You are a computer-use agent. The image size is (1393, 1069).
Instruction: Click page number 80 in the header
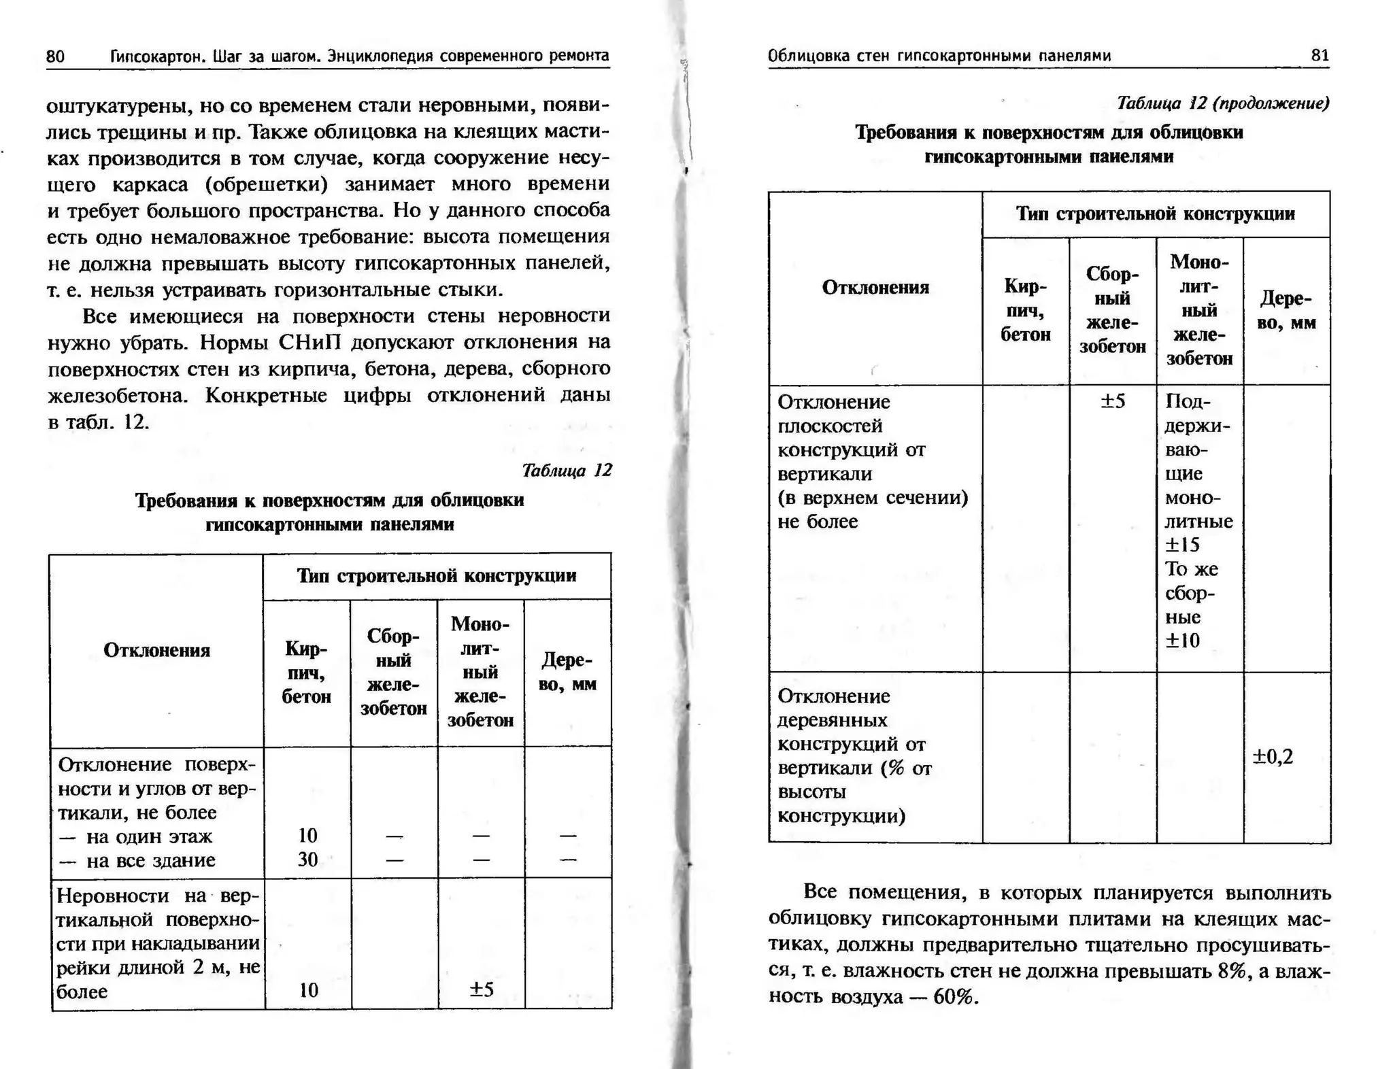click(x=55, y=56)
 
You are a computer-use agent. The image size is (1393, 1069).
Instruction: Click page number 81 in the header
click(x=1320, y=55)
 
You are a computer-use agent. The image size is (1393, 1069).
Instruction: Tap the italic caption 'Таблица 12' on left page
click(x=567, y=470)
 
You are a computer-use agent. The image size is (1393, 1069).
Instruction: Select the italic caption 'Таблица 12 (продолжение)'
click(x=1222, y=103)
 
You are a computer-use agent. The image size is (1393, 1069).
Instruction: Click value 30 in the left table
click(x=307, y=860)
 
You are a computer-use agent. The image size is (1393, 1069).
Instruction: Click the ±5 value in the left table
click(x=481, y=989)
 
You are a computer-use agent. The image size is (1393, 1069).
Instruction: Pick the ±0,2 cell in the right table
click(x=1273, y=756)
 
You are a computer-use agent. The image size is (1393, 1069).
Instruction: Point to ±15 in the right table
click(x=1182, y=545)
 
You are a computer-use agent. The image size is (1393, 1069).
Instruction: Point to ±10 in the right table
click(x=1182, y=641)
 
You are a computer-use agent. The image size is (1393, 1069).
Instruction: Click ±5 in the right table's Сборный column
click(x=1113, y=401)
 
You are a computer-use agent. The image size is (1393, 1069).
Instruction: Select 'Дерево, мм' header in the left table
click(x=567, y=672)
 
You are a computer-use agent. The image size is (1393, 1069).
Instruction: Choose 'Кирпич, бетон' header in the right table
click(x=1026, y=310)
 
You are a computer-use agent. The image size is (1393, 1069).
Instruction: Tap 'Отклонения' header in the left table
click(x=156, y=650)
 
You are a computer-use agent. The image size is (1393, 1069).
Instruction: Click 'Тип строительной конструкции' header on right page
click(x=1156, y=214)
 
